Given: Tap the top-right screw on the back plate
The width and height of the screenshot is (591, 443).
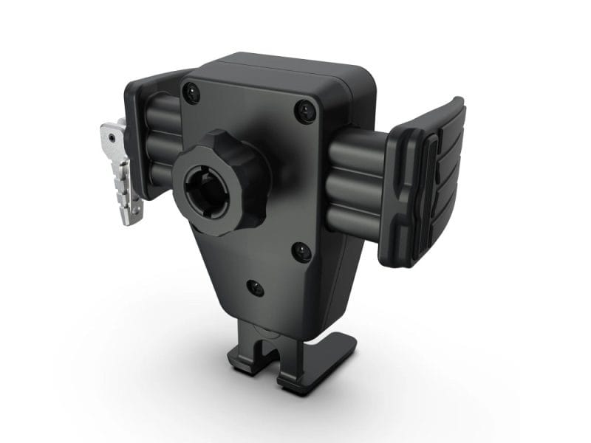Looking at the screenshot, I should [304, 112].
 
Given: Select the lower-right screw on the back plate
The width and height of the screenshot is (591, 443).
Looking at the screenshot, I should [301, 252].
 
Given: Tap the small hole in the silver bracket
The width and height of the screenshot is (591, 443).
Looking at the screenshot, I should [111, 136].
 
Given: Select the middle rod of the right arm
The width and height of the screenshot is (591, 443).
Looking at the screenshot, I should [355, 180].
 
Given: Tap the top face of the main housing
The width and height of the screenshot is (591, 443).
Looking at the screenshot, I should [288, 70].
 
